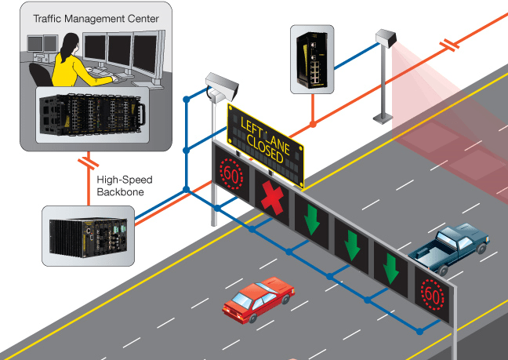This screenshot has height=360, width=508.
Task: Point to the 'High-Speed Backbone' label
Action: coord(124,185)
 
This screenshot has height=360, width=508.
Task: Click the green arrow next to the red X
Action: coord(312,218)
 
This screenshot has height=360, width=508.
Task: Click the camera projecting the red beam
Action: coord(387,39)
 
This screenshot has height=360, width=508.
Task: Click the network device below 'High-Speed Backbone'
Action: coord(88,235)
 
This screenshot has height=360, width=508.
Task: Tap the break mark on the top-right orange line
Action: coord(449,46)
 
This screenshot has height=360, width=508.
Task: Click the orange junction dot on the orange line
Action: coord(313,124)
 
